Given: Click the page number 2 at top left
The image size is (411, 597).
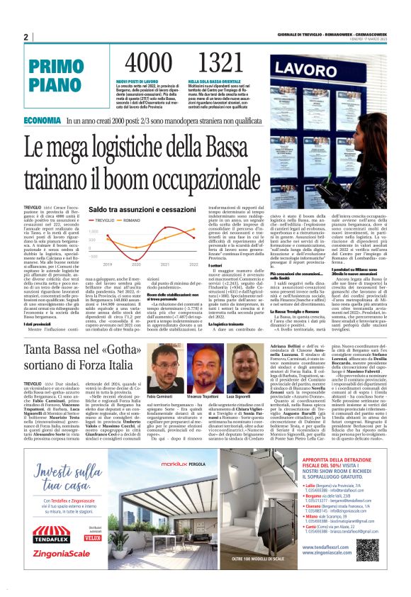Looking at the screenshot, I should pyautogui.click(x=26, y=38).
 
